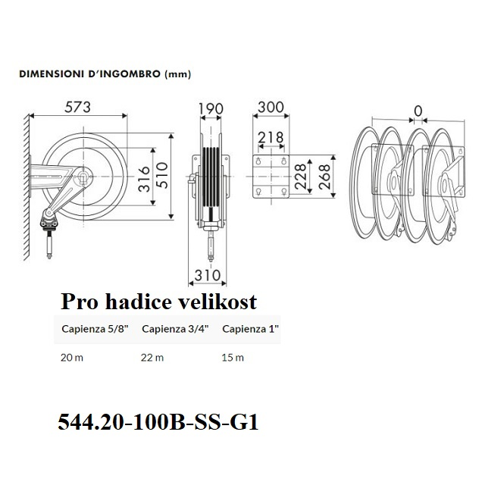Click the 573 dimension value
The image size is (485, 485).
coord(77,108)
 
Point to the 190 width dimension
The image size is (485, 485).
coord(211,109)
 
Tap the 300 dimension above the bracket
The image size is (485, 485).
coord(271,108)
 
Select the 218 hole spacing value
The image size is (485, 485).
coord(271,137)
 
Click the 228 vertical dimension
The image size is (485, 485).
coord(300,177)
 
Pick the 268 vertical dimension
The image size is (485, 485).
coord(324,177)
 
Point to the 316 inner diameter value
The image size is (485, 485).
coord(145,179)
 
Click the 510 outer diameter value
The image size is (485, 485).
coord(162,175)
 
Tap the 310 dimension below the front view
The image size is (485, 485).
coord(207,275)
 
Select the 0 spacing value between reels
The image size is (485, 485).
coord(418,111)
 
